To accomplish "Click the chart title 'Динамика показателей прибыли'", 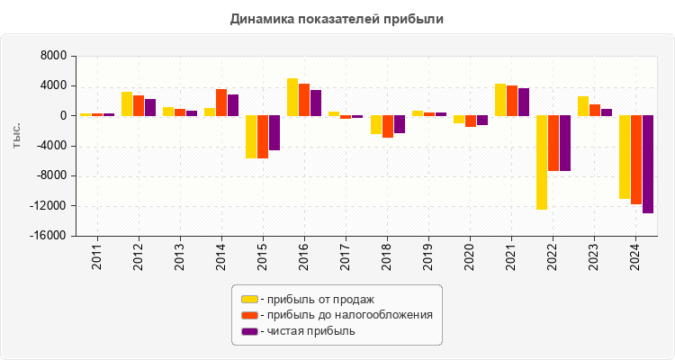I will (337, 18).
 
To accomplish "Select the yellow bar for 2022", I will (542, 162).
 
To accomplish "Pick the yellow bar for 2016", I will (292, 97).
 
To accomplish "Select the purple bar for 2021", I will (524, 102).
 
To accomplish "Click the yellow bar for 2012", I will (127, 103).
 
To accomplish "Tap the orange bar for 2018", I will (388, 126).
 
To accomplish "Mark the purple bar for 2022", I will (565, 142).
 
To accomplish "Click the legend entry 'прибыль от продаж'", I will (315, 299).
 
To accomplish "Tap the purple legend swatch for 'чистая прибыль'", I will (249, 331).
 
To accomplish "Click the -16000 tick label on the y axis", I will (49, 236).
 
